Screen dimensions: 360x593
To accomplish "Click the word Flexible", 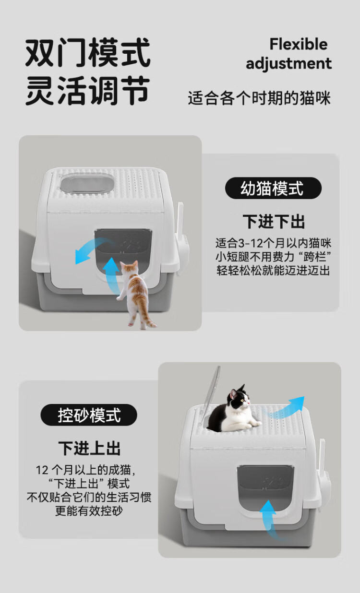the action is (299, 44).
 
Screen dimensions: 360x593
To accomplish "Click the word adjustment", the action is (289, 64).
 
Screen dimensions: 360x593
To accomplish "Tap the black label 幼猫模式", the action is (273, 188).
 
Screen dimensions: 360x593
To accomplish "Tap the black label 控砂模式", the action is (89, 415).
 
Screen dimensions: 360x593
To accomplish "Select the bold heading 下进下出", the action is (274, 222).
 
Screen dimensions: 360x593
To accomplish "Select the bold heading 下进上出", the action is (90, 448).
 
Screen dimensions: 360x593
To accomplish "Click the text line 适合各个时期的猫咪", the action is (259, 98).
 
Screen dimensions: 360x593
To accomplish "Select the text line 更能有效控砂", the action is (89, 510).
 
